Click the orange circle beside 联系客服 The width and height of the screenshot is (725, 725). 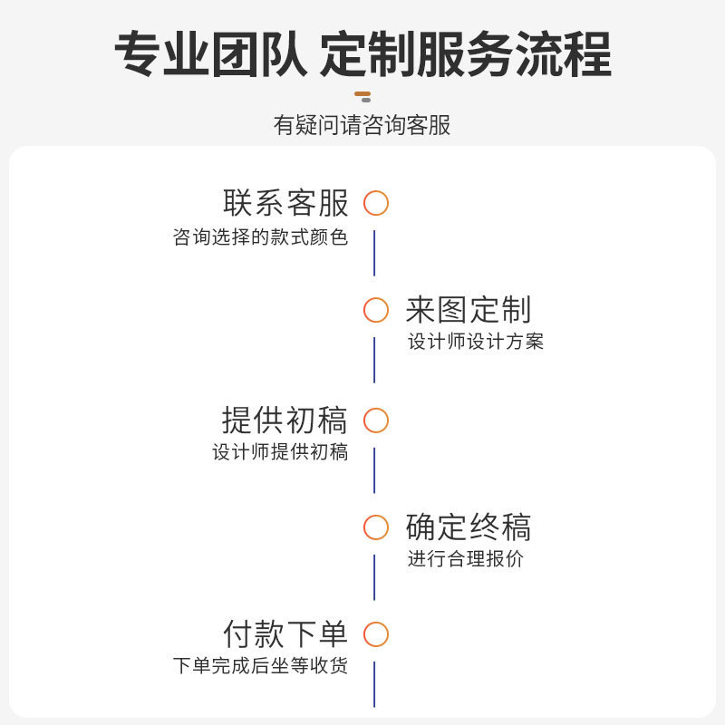(x=376, y=203)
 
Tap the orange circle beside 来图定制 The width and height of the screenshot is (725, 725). (x=376, y=311)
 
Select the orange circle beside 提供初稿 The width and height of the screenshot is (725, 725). (x=376, y=420)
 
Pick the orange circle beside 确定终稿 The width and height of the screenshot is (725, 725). (x=376, y=527)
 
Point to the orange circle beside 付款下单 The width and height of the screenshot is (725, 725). (x=376, y=634)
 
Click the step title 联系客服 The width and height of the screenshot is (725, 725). (x=285, y=202)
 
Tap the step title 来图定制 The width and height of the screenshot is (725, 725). (x=468, y=310)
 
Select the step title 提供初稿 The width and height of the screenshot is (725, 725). (x=285, y=420)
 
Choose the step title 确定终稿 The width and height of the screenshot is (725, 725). (x=468, y=527)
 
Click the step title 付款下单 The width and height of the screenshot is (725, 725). (x=285, y=633)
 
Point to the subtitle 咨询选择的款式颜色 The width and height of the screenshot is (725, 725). (x=261, y=238)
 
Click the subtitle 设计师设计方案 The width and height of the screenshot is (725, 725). (x=476, y=343)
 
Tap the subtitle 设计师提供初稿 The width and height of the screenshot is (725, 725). (x=280, y=452)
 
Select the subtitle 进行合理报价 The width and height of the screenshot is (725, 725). (x=465, y=559)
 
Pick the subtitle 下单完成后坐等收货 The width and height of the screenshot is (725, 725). (x=261, y=666)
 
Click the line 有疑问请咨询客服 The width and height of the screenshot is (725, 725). (x=362, y=125)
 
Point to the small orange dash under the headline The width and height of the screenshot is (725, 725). (x=362, y=95)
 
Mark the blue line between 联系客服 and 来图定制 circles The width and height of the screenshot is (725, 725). (x=374, y=253)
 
